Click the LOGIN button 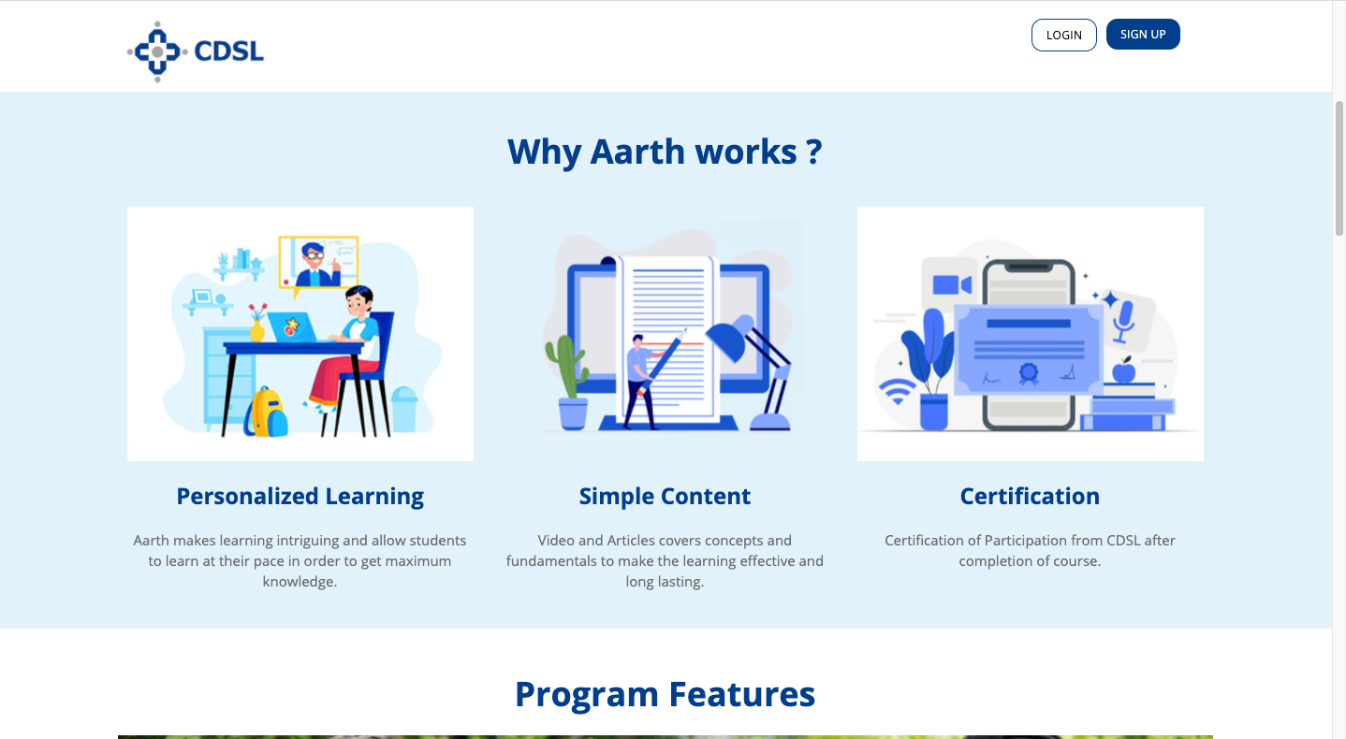(1063, 35)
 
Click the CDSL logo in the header (196, 51)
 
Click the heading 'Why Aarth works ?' (665, 152)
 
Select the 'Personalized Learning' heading (300, 497)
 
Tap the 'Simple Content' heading (665, 497)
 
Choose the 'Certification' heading (1030, 497)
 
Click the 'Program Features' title (665, 694)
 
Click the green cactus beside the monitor (566, 366)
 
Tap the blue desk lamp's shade (729, 337)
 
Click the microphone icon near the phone (1123, 321)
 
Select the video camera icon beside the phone (952, 284)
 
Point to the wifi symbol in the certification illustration (897, 391)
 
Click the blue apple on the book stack (1123, 370)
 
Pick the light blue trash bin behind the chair (403, 410)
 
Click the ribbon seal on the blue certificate (1028, 374)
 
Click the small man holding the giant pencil (638, 382)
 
